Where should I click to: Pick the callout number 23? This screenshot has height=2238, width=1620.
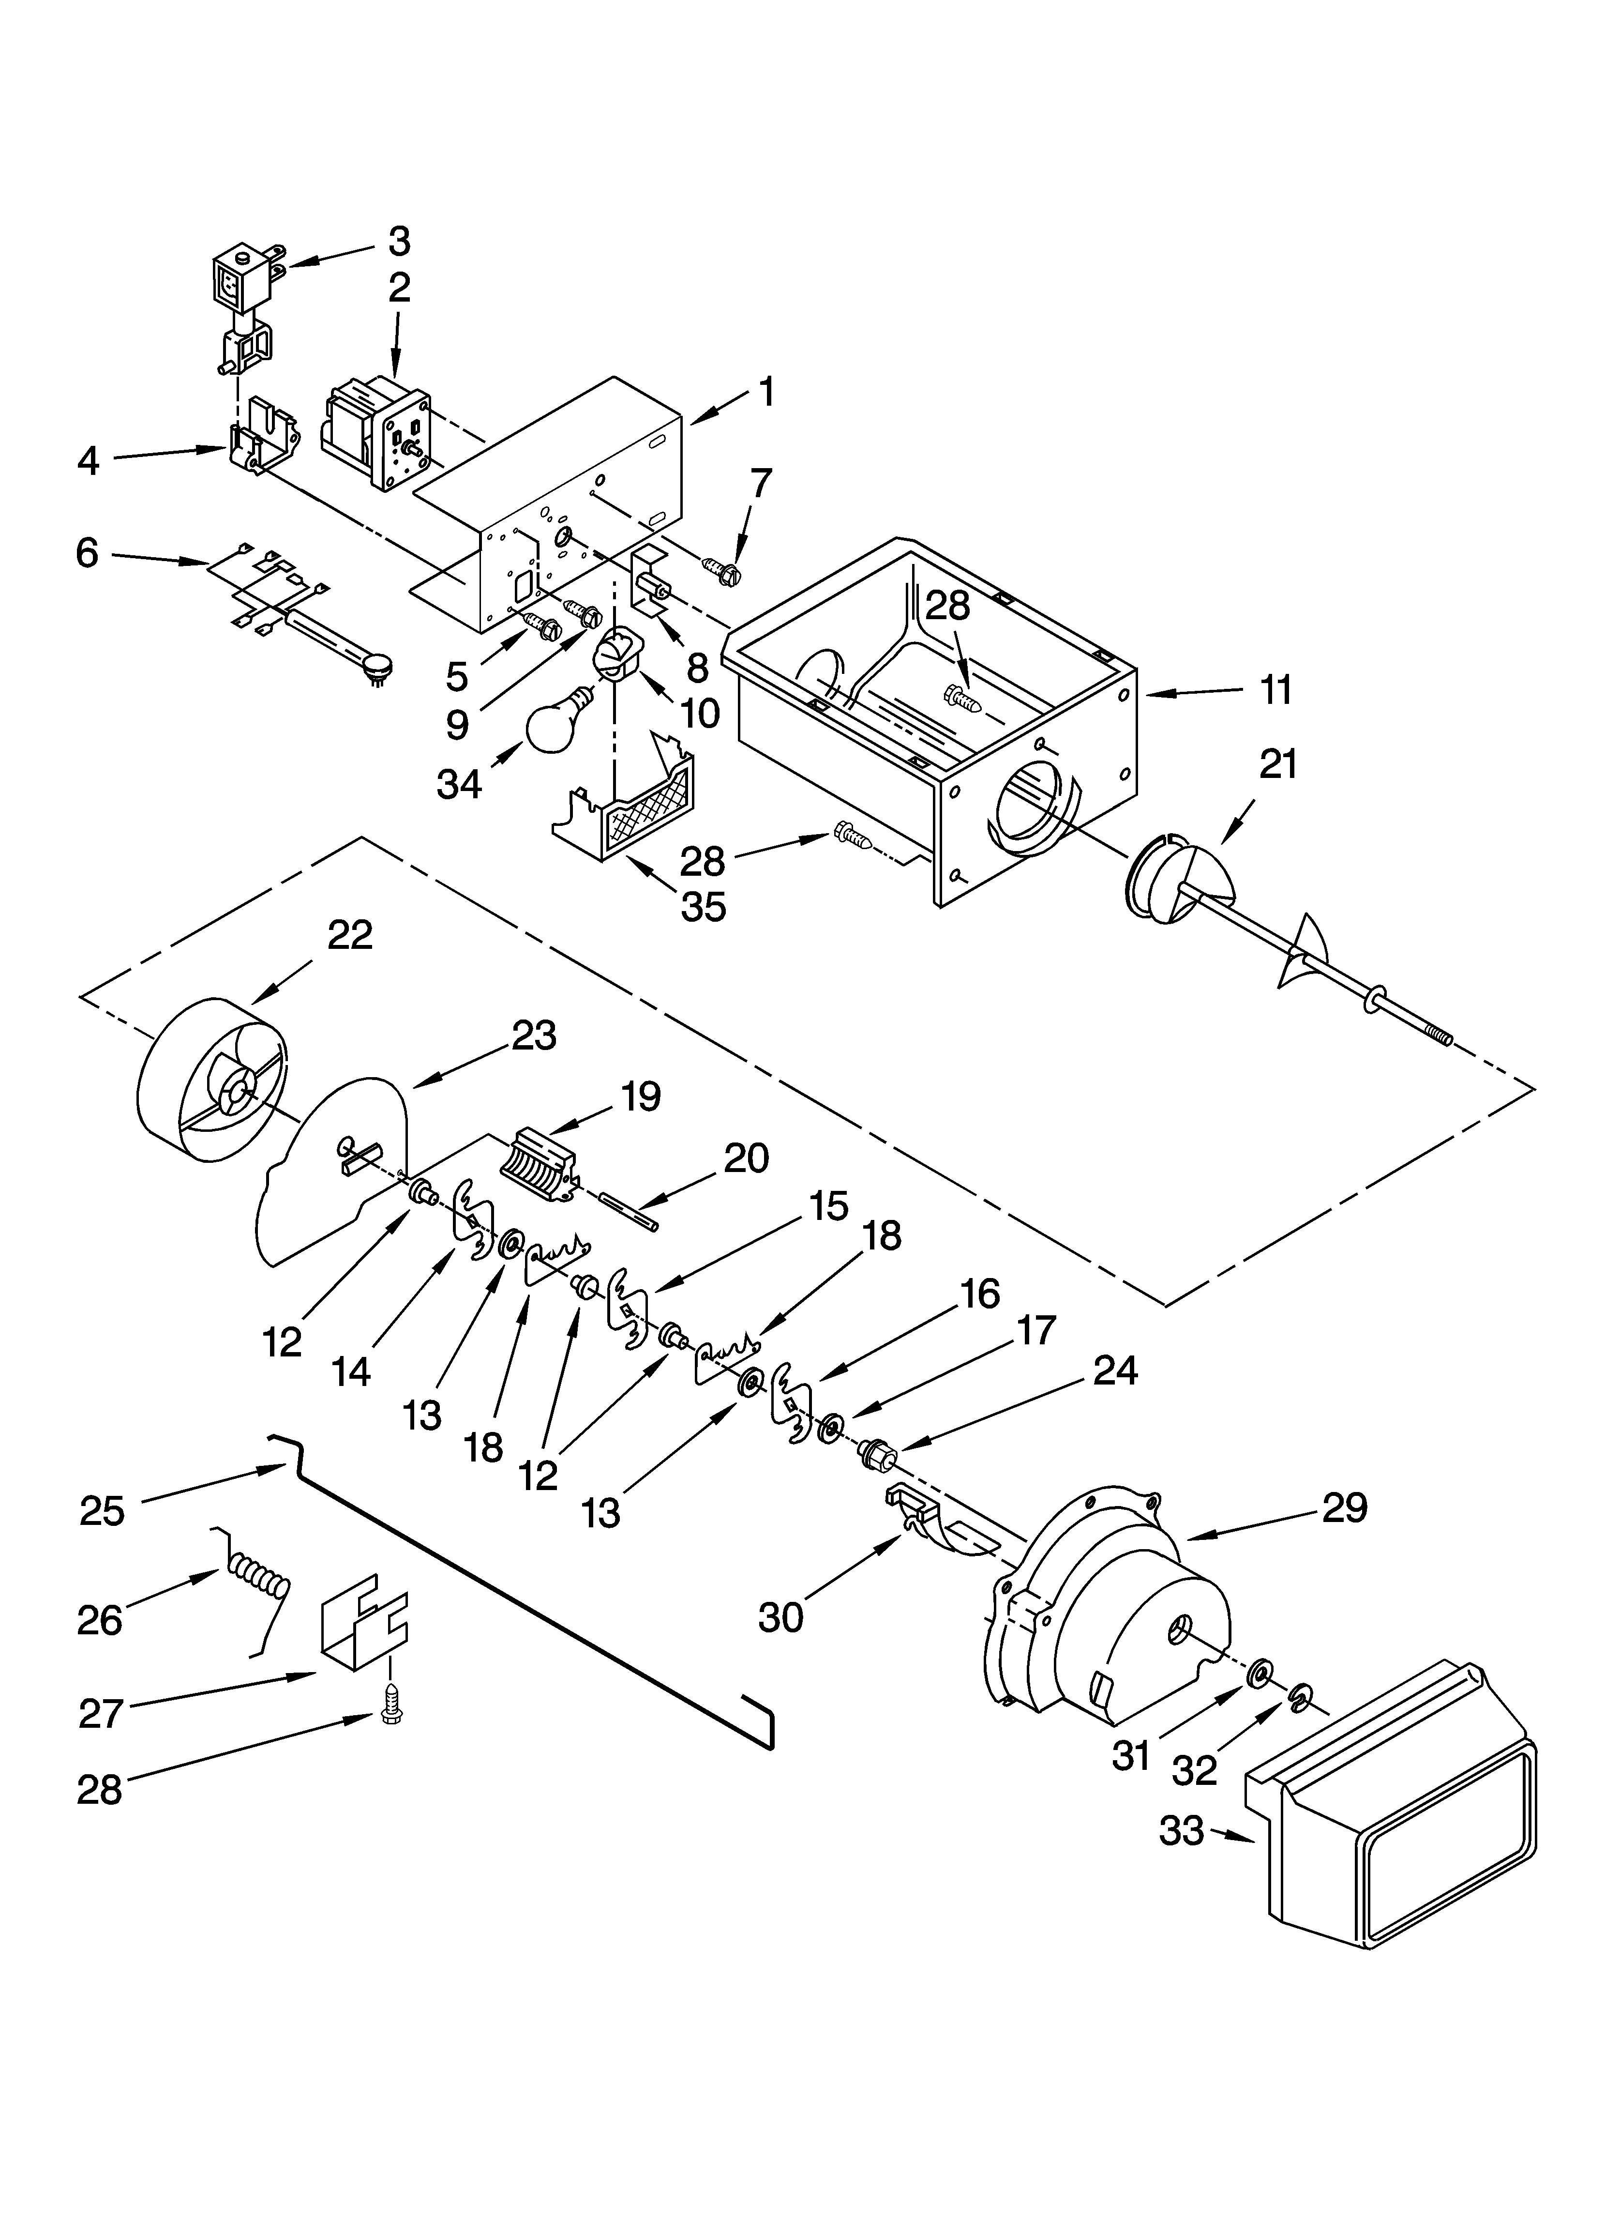pos(534,1035)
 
